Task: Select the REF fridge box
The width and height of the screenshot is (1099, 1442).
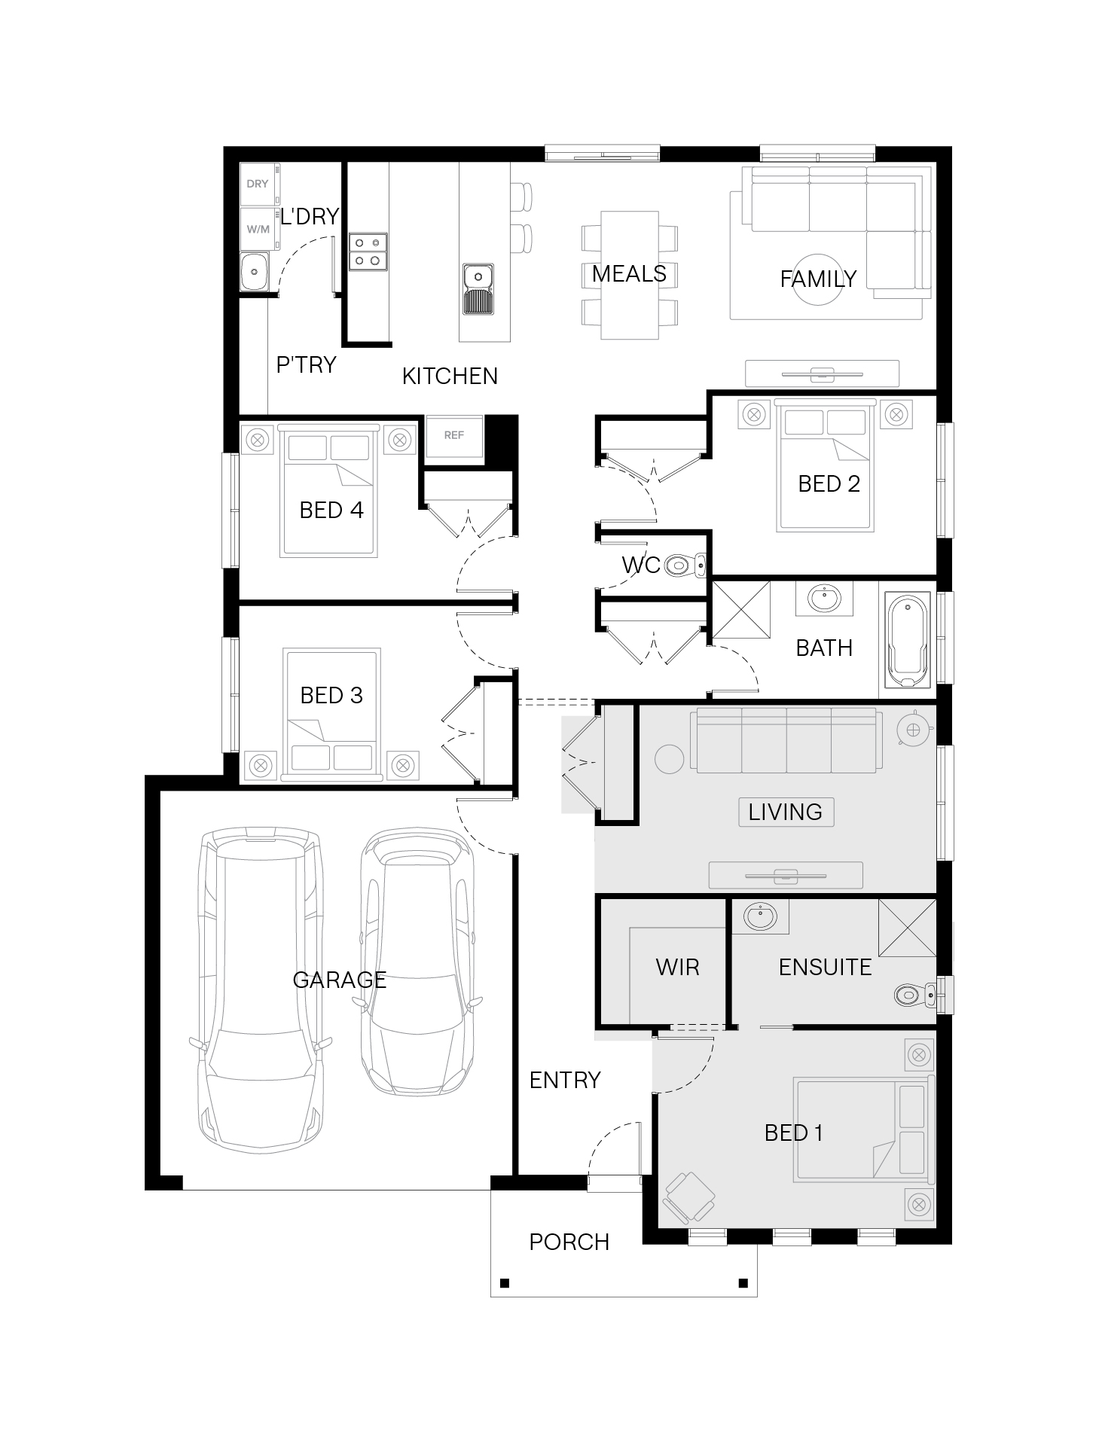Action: pyautogui.click(x=454, y=436)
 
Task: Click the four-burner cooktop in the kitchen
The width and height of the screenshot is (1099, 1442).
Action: pyautogui.click(x=368, y=252)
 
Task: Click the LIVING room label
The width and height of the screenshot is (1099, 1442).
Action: pyautogui.click(x=786, y=812)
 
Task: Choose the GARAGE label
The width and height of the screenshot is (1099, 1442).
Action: pyautogui.click(x=339, y=980)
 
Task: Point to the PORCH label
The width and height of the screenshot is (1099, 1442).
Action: pyautogui.click(x=569, y=1242)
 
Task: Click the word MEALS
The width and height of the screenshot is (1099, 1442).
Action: pyautogui.click(x=629, y=273)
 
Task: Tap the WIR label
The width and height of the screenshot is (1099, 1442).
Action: pyautogui.click(x=677, y=967)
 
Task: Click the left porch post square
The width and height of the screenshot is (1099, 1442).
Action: pyautogui.click(x=504, y=1283)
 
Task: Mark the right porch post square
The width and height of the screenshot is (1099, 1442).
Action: pyautogui.click(x=743, y=1283)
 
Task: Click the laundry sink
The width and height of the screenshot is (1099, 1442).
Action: pyautogui.click(x=255, y=272)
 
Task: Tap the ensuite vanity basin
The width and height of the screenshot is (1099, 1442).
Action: pyautogui.click(x=760, y=917)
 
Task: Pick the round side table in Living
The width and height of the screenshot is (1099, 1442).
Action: pyautogui.click(x=668, y=759)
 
